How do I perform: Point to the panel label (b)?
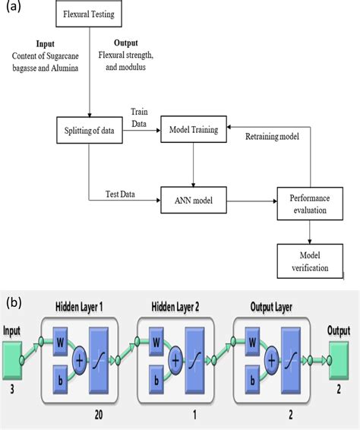tap(14, 302)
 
